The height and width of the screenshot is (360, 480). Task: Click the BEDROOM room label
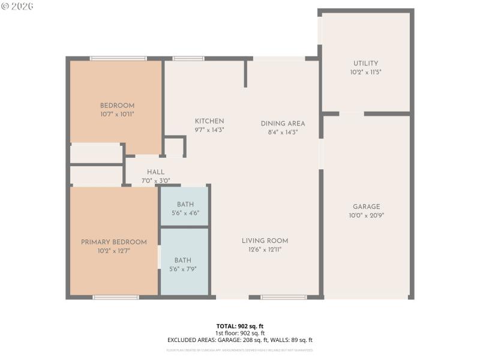(117, 106)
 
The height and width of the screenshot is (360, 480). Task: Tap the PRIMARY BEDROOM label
(114, 242)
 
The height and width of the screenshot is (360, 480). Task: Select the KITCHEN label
(209, 121)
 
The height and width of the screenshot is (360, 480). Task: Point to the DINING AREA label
(283, 124)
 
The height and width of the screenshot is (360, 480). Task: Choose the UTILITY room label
(365, 64)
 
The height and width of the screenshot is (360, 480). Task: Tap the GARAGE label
(366, 207)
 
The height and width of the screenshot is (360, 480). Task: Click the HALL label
(156, 172)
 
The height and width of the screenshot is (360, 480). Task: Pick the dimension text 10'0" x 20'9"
(366, 215)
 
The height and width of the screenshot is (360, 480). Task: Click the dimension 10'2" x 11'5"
(365, 72)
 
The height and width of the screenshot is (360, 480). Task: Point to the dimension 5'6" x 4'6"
(185, 213)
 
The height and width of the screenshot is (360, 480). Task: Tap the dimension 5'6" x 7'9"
(183, 269)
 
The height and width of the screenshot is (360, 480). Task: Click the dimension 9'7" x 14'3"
(209, 130)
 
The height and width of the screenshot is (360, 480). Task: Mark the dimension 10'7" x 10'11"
(117, 114)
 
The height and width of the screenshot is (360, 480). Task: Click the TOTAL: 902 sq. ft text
(240, 326)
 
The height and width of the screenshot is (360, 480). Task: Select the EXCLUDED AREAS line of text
(240, 340)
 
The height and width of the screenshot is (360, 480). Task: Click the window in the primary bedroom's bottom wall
(116, 297)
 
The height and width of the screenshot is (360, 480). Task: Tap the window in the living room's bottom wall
(284, 297)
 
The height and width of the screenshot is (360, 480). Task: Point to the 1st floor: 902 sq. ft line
(240, 333)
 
